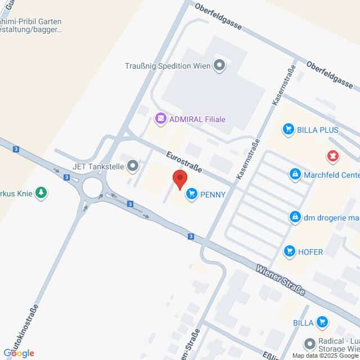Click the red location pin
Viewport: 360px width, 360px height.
pos(179,179)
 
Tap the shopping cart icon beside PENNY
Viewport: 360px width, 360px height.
pos(192,195)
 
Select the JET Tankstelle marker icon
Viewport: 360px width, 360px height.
pos(133,165)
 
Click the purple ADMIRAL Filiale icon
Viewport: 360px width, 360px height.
pos(161,119)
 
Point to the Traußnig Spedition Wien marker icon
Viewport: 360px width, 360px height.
pos(219,65)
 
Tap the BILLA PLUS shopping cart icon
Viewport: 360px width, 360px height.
pos(289,129)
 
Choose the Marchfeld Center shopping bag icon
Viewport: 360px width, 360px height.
pos(294,174)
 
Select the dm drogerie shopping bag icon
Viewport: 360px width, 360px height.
pos(294,216)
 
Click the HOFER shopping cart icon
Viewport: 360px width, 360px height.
pos(290,251)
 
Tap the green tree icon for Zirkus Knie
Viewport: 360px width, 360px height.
pos(41,193)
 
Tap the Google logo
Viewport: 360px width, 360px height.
pos(18,353)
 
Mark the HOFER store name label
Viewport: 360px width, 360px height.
pos(311,252)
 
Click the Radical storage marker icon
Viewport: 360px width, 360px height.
pos(309,343)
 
